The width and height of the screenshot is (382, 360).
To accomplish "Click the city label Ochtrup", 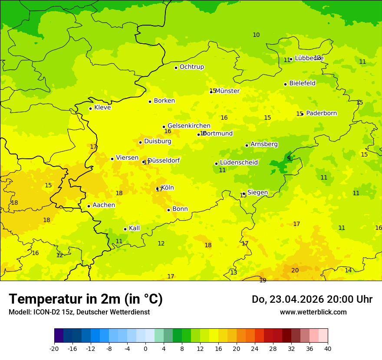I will tap(191, 67).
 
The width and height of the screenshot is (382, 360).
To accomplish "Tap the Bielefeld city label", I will tap(302, 83).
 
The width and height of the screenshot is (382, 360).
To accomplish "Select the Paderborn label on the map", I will tap(321, 113).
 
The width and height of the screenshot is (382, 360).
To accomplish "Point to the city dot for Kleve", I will tap(90, 108).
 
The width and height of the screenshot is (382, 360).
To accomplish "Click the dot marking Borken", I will tap(150, 101).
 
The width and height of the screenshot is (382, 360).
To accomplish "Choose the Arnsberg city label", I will tap(264, 144).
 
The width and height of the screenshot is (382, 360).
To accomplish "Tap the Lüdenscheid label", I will tap(239, 163).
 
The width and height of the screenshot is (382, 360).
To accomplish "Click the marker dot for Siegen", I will tap(244, 194).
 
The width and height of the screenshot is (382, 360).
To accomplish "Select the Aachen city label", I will tap(104, 205).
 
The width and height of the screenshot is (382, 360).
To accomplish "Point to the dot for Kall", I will tap(125, 229).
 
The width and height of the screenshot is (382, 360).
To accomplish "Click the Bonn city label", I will tap(180, 209).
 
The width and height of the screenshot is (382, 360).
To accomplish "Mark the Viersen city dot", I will tap(112, 159).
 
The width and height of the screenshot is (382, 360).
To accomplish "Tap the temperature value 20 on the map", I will tap(295, 270).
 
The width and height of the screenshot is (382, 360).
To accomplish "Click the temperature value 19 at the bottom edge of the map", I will tap(263, 280).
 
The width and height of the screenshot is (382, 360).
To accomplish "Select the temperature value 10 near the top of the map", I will tap(256, 35).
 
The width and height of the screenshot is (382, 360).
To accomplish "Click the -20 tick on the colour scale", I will tap(54, 348).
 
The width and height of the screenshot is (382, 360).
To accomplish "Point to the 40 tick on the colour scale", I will tap(328, 348).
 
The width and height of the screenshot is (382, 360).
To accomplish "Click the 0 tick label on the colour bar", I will tap(145, 348).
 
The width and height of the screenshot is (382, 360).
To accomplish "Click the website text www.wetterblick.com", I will tap(313, 312).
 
